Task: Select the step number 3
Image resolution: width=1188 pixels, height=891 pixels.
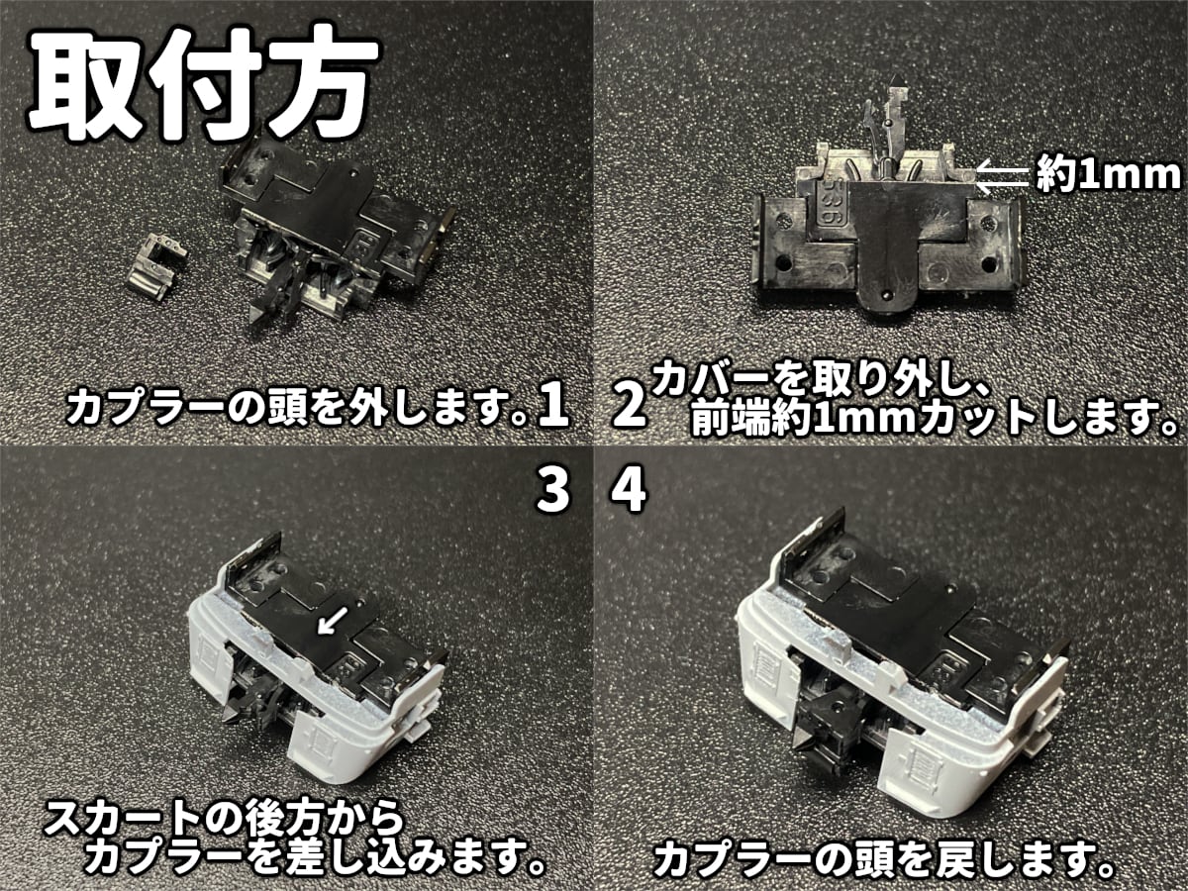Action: [552, 492]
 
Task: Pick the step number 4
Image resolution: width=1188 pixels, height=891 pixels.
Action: [629, 492]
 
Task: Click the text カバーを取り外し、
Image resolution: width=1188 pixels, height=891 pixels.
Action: [802, 380]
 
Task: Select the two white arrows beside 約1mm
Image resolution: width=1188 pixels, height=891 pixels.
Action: [1000, 176]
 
